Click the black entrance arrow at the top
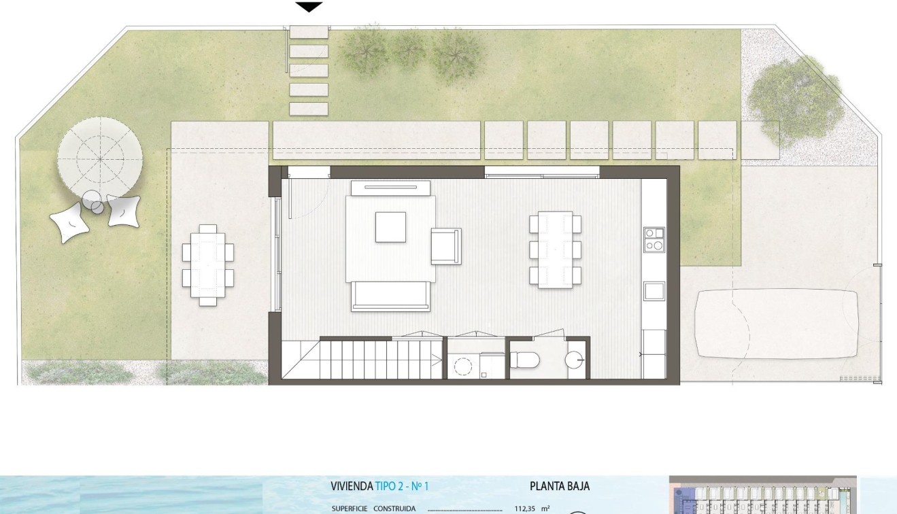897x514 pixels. (x=309, y=7)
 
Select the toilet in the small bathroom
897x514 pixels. (x=525, y=359)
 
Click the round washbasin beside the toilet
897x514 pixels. (x=575, y=358)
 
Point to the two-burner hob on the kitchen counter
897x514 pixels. (x=654, y=239)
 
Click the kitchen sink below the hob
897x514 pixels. (x=654, y=291)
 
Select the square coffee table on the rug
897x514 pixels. (x=390, y=227)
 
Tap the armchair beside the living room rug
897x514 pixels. (x=446, y=245)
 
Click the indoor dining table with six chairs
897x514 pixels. (x=556, y=250)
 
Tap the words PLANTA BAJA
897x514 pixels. (x=559, y=486)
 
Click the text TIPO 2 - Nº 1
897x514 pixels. (x=401, y=486)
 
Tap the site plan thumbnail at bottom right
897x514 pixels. (x=762, y=495)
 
